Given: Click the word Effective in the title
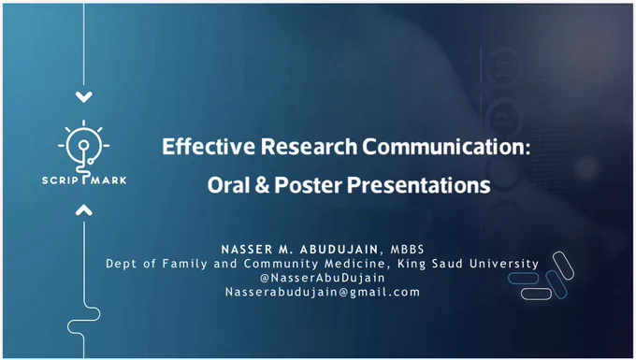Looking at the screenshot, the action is [209, 147].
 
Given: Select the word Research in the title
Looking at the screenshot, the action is [309, 147].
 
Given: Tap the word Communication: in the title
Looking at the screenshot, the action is [446, 147].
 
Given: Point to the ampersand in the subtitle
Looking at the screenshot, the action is [263, 185].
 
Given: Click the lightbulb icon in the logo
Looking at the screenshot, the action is [84, 146].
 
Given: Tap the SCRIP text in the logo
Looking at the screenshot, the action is [60, 180].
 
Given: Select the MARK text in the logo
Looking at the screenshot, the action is [108, 180].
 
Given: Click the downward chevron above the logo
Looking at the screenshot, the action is [84, 97].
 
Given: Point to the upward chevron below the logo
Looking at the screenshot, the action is [84, 209].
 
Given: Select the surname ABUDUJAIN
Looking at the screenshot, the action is [340, 250].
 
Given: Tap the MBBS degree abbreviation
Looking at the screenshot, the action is [407, 250].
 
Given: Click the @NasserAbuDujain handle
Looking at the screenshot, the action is [323, 278].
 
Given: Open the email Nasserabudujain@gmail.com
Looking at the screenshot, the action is [323, 293].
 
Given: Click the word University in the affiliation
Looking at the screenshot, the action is [504, 264].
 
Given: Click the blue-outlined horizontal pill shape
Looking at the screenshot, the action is [523, 279].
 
